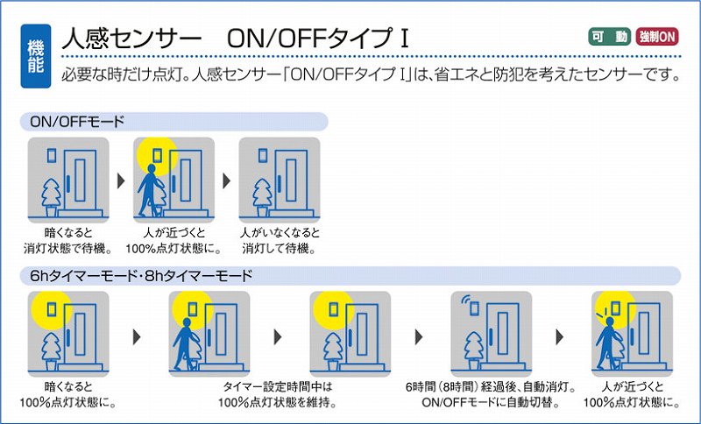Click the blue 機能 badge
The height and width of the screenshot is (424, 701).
(36, 56)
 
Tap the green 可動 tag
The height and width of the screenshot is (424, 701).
(609, 37)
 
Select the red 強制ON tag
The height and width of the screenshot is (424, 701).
(656, 37)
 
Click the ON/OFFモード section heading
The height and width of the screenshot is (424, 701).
(77, 122)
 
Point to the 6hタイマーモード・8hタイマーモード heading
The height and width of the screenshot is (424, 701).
(141, 276)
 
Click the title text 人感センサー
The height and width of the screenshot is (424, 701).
(131, 39)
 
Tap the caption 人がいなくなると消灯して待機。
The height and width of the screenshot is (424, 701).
(280, 240)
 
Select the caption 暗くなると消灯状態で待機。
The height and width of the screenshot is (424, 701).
(68, 240)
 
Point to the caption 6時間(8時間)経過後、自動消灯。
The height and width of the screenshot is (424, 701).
(491, 386)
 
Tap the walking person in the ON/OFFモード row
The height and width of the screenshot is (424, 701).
(148, 190)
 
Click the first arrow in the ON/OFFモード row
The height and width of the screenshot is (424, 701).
(121, 181)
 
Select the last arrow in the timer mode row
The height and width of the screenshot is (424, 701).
(559, 336)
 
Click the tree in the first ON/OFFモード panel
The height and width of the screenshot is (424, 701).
(51, 198)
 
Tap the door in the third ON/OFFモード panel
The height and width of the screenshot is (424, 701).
(291, 180)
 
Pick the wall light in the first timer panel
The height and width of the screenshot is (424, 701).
(52, 309)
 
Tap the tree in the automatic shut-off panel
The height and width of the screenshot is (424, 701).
(474, 351)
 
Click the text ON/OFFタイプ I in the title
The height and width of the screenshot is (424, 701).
(318, 39)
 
